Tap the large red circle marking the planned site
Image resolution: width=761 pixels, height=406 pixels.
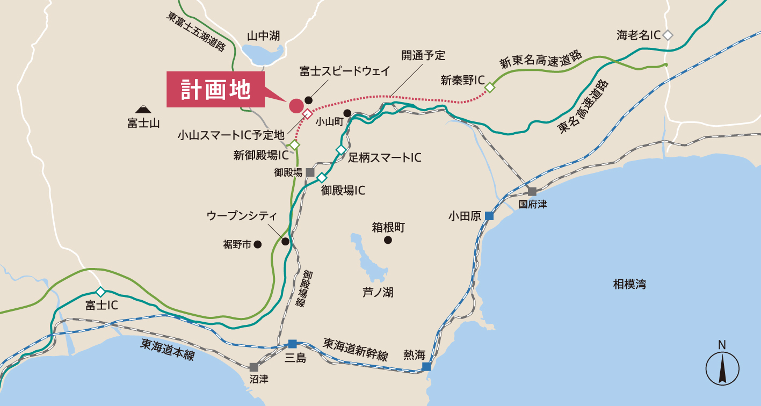[296, 106]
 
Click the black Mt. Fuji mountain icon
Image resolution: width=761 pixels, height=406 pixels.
[143, 109]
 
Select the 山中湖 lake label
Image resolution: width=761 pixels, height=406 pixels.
[263, 36]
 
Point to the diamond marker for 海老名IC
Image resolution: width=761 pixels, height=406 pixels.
[668, 35]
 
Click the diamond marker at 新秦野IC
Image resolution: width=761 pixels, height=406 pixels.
[489, 87]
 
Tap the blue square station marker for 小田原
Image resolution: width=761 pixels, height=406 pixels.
[489, 216]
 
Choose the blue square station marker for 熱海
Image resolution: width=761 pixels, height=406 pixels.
[426, 367]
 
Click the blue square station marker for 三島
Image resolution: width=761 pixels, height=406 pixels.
[292, 344]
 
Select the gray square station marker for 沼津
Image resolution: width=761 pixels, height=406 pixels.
[253, 367]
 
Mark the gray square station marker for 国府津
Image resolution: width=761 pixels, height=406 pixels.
[532, 192]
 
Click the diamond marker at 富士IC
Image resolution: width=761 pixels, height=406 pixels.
[100, 292]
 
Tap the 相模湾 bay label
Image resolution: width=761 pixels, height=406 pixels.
[629, 284]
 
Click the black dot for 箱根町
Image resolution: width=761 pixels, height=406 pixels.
[388, 240]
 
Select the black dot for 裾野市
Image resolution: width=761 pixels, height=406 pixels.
[258, 244]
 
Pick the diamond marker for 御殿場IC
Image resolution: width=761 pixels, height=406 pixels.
[322, 178]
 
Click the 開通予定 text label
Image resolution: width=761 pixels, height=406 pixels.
[423, 55]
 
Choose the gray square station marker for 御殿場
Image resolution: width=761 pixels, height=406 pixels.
[310, 172]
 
